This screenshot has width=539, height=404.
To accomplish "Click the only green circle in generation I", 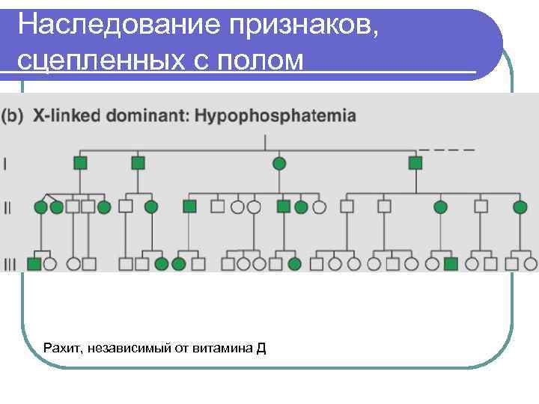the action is pyautogui.click(x=278, y=162).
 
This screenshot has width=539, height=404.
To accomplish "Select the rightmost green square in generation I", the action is pyautogui.click(x=415, y=162).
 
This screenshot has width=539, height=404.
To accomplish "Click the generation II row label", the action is pyautogui.click(x=8, y=206).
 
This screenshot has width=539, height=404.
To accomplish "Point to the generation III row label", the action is pyautogui.click(x=9, y=263).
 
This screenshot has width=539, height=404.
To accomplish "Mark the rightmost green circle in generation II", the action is pyautogui.click(x=519, y=206).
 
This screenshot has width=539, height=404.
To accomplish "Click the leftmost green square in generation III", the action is pyautogui.click(x=33, y=263).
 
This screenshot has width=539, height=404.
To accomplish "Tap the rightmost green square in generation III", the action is pyautogui.click(x=450, y=263).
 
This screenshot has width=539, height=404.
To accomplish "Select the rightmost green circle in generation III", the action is pyautogui.click(x=294, y=263).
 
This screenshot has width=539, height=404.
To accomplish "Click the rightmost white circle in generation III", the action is pyautogui.click(x=530, y=263).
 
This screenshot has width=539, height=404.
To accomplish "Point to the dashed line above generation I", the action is pyautogui.click(x=447, y=148).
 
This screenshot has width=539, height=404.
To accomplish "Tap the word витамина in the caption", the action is pyautogui.click(x=224, y=348).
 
